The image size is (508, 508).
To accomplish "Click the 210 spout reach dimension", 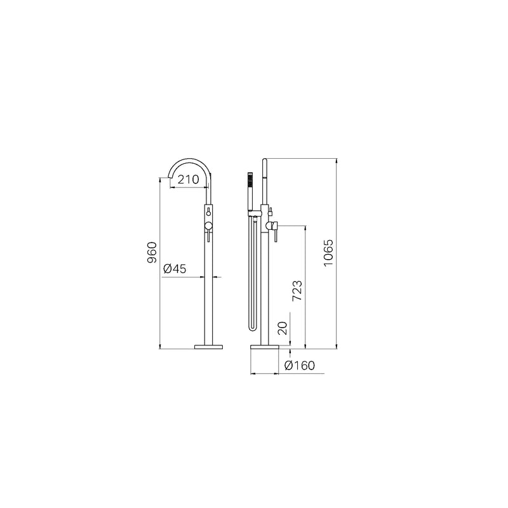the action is pyautogui.click(x=188, y=179).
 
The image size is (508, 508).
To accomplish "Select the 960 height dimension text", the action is pyautogui.click(x=152, y=252).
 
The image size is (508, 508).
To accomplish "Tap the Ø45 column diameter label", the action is pyautogui.click(x=175, y=269).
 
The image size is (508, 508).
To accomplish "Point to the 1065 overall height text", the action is pyautogui.click(x=328, y=253).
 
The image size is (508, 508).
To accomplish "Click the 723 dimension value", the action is pyautogui.click(x=297, y=290).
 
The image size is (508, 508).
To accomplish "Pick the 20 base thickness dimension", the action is pyautogui.click(x=282, y=328).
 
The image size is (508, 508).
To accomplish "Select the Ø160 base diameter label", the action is pyautogui.click(x=299, y=366).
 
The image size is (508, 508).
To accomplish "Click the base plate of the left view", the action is pyautogui.click(x=209, y=347).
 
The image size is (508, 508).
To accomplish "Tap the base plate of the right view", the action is pyautogui.click(x=265, y=347).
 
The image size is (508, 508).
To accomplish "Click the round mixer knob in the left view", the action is pyautogui.click(x=209, y=227).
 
